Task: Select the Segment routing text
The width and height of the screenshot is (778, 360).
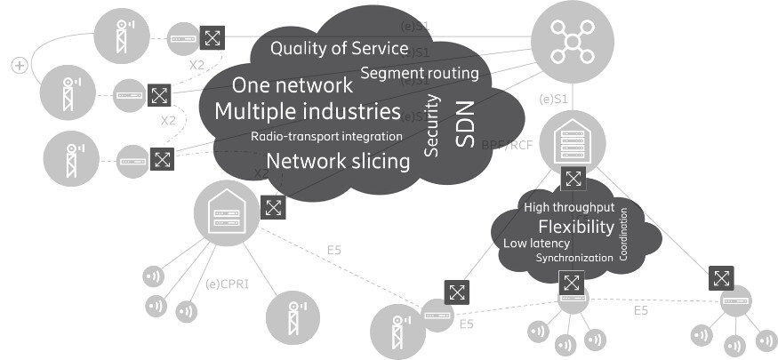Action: tap(420, 72)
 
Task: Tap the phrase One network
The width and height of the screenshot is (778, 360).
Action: tap(292, 86)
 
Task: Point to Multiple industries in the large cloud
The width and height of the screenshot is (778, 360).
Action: tap(307, 112)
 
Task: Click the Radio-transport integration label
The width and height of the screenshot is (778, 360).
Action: tap(326, 137)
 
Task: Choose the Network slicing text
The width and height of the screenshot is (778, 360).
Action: tap(338, 162)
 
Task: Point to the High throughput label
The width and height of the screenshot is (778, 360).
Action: tap(568, 207)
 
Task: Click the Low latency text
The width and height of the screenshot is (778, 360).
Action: tap(537, 243)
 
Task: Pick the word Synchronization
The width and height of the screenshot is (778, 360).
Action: tap(573, 258)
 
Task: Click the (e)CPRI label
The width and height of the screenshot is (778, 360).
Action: tap(224, 285)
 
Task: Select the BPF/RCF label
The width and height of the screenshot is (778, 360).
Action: tap(508, 144)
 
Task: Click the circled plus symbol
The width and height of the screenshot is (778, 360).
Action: tap(18, 66)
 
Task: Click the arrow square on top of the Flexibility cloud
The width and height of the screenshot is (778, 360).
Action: tap(573, 180)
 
